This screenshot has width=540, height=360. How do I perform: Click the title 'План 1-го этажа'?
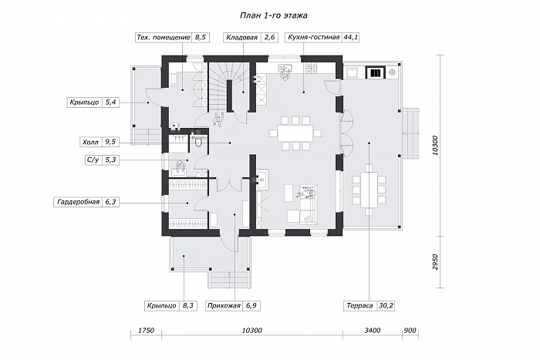coord(273,16)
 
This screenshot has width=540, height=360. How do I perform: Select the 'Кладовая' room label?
coord(241,38)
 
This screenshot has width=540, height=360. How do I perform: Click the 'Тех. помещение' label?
coord(164,38)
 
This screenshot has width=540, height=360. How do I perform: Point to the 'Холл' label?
coord(90,142)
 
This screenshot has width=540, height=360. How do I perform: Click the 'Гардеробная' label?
coord(79,202)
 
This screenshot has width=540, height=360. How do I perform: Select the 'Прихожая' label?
coord(224,305)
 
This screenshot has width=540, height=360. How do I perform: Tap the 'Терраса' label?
coord(360,305)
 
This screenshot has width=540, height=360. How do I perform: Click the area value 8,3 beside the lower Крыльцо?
coord(188,305)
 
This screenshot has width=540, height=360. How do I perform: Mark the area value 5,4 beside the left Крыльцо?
coord(110,103)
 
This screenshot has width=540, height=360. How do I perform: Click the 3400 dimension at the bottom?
coord(373,331)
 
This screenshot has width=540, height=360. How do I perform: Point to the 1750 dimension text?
coord(146,331)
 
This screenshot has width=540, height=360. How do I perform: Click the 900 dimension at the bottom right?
coord(410,331)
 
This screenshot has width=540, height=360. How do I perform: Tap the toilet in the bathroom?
coord(199,141)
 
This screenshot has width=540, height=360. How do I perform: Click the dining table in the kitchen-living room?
coord(295,133)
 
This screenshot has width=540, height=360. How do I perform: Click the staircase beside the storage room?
coord(218,88)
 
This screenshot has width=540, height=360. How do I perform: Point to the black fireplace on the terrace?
coord(375,72)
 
